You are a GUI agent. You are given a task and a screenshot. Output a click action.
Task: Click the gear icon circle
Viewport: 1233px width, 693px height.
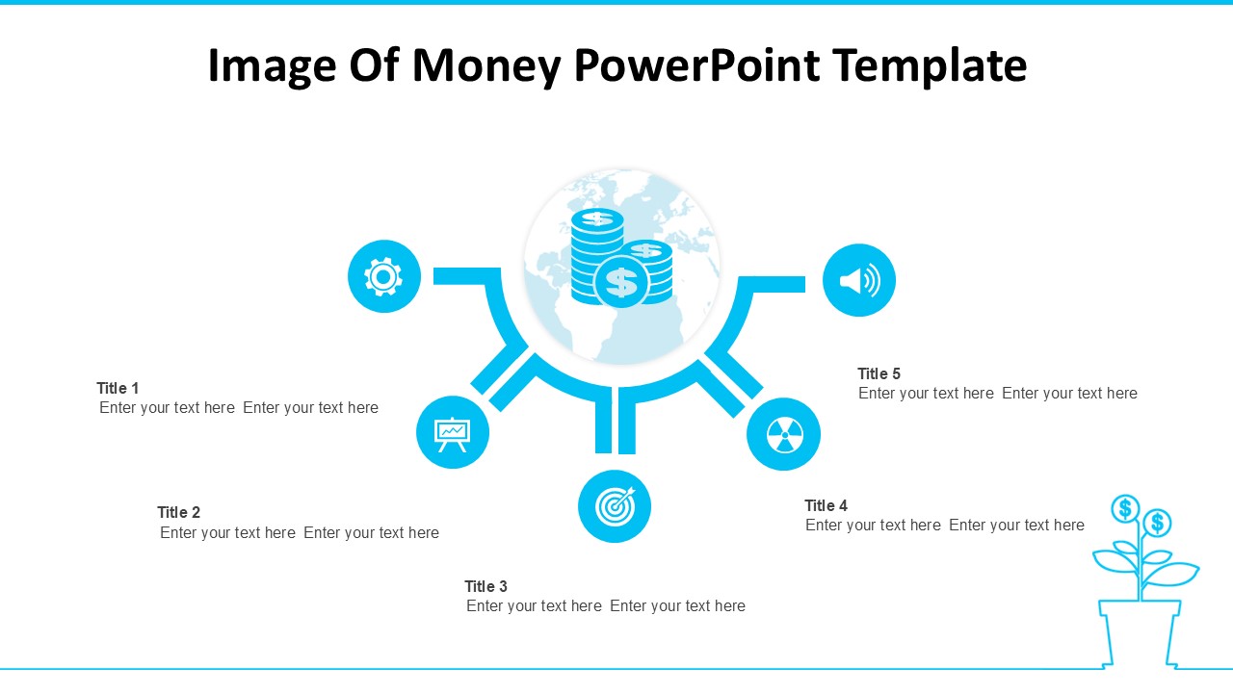point(383,276)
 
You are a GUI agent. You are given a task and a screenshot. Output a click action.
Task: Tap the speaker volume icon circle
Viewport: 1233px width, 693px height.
point(858,280)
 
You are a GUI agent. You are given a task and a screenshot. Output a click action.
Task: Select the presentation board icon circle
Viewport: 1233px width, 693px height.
point(452,432)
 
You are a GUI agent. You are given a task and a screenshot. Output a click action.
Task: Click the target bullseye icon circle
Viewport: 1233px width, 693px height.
point(615,506)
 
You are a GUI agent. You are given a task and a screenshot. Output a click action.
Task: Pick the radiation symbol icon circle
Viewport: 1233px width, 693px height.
point(783,434)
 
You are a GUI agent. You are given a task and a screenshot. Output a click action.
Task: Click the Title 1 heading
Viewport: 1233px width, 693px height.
point(118,388)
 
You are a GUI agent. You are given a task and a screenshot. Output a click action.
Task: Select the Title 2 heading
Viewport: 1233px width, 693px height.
point(178,512)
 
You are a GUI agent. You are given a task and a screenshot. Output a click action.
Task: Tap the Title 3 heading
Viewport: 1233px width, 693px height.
point(485,586)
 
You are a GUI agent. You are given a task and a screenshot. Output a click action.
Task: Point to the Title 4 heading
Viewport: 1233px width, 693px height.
point(826,505)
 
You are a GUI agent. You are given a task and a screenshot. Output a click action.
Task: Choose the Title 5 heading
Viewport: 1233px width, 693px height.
point(879,373)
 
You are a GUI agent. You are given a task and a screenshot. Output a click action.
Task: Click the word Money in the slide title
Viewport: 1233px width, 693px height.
point(486,65)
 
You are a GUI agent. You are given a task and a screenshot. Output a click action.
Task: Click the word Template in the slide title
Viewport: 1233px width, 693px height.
point(930,65)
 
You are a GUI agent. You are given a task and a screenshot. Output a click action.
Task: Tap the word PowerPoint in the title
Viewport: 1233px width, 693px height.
point(696,65)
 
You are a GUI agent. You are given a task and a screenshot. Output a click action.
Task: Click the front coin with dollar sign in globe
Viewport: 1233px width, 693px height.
point(621,282)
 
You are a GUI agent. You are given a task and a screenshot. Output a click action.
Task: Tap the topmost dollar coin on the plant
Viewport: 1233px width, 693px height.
point(1124,507)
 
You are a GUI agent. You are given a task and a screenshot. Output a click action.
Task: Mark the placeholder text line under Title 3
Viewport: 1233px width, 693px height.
point(605,605)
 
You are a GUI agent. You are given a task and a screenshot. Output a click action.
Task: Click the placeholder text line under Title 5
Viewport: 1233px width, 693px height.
point(997,393)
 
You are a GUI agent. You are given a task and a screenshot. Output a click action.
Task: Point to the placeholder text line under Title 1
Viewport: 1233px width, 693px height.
point(238,407)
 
